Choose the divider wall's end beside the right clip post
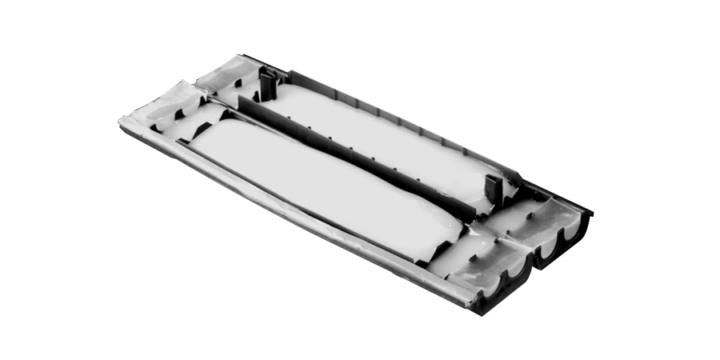point(477,213)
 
